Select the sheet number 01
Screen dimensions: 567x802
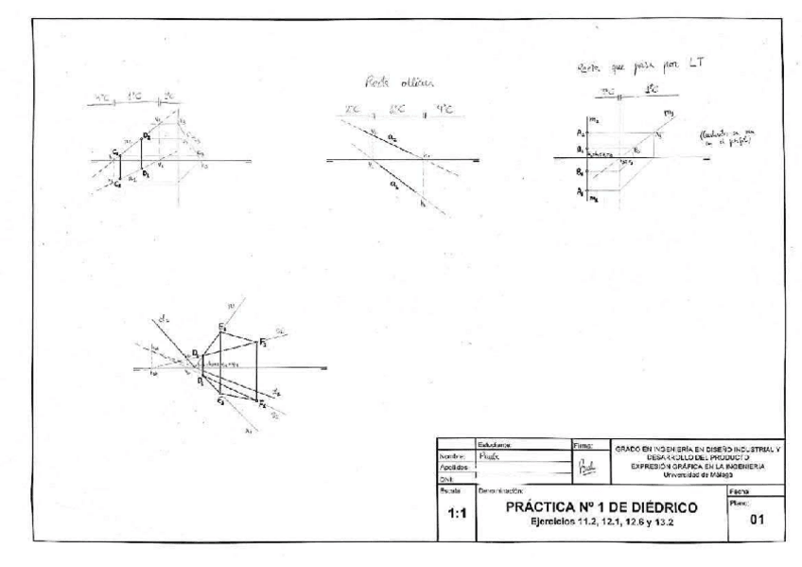[x=755, y=519]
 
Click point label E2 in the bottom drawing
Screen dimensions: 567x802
[x=221, y=328]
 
